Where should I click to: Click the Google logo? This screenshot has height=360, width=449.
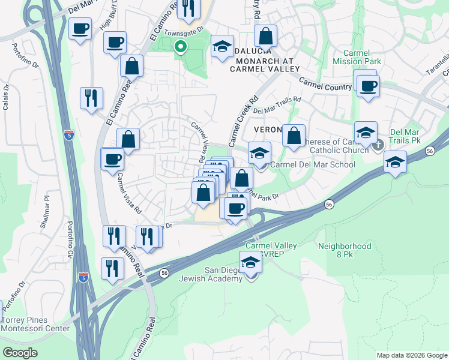(20, 353)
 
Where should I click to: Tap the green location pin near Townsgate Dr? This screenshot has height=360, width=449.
(179, 47)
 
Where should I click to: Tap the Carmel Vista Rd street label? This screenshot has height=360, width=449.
(130, 194)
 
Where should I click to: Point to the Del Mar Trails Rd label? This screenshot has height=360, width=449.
(277, 107)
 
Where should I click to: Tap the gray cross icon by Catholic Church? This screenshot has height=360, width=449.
(378, 145)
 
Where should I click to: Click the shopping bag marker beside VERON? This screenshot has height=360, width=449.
(294, 136)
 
